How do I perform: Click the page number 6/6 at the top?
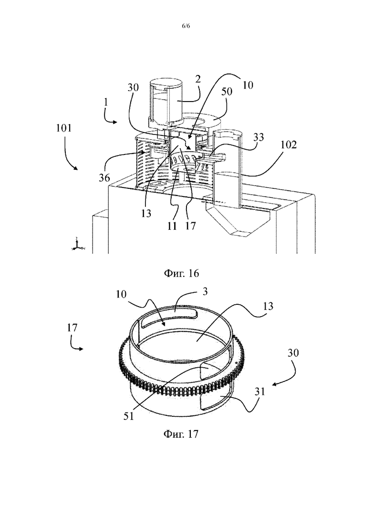coord(186,26)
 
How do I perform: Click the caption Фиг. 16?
coord(181,273)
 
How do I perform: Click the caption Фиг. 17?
coord(181,434)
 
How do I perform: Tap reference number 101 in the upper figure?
coord(64,128)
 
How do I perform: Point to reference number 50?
coord(227,91)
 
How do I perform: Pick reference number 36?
coord(104,177)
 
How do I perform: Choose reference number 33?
coord(258,137)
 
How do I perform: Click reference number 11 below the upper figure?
coord(172,226)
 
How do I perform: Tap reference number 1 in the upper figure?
coord(106,102)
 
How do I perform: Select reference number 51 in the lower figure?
coord(128,416)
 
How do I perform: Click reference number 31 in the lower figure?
coord(259,391)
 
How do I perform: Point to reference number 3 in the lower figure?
coord(205,291)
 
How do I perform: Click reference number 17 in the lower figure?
coord(72,327)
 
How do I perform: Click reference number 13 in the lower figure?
coord(268,306)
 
